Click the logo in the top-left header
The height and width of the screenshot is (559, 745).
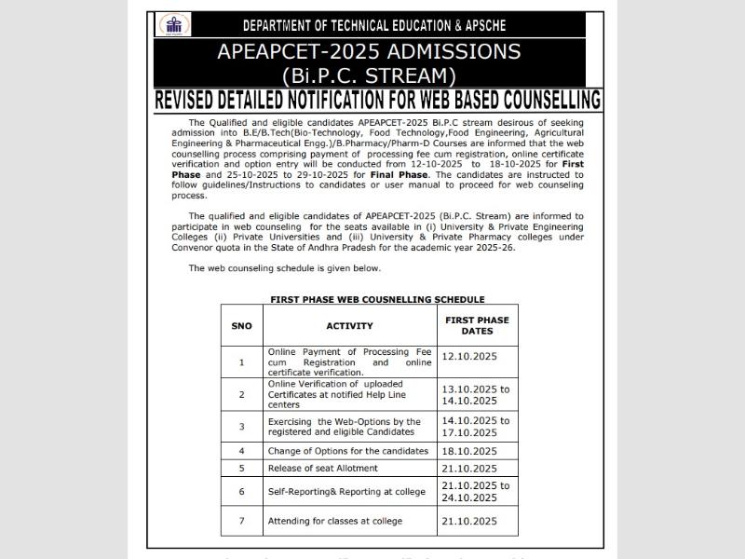tap(174, 25)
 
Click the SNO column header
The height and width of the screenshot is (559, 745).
tap(241, 326)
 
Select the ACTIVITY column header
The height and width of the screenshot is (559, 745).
tap(349, 326)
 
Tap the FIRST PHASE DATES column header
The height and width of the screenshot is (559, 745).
tap(477, 325)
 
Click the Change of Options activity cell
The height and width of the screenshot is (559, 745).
tap(334, 450)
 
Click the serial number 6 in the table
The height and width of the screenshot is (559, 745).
tap(241, 491)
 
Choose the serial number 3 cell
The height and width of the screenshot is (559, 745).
tap(241, 426)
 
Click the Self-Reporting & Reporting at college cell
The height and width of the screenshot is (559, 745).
tap(345, 491)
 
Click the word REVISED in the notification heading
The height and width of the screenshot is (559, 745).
tap(196, 101)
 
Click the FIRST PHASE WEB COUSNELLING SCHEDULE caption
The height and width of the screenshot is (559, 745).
tap(377, 299)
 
